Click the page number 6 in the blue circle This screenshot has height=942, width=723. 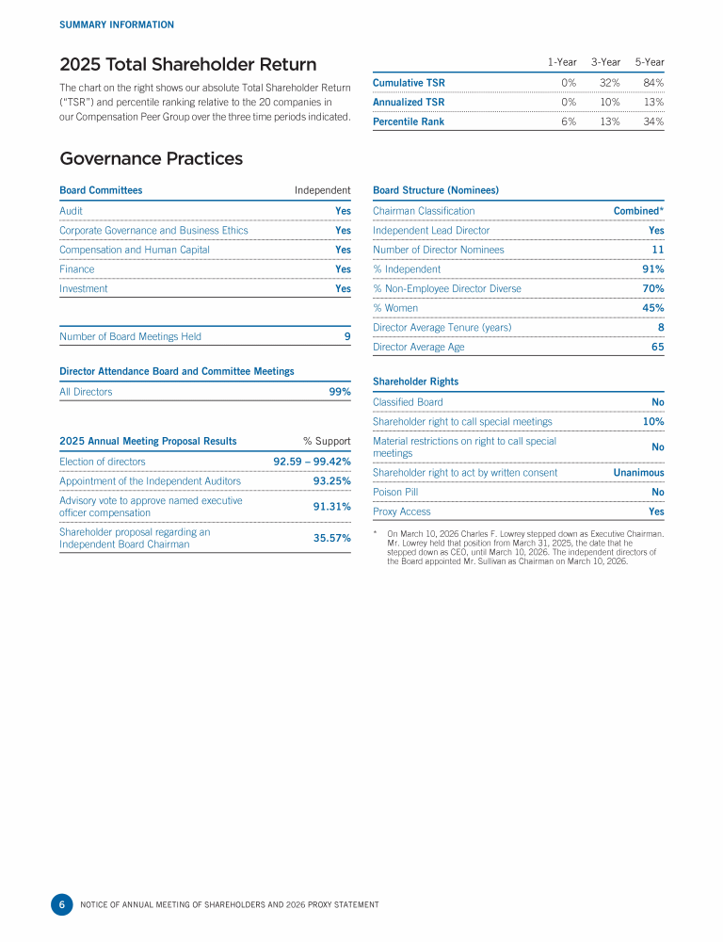(x=61, y=904)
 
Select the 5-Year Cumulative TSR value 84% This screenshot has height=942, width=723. (x=653, y=82)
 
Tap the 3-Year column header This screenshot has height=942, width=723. (x=605, y=62)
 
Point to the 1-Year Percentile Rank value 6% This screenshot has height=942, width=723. (x=568, y=122)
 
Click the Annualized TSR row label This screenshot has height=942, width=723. (x=409, y=102)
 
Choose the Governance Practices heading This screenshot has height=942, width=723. (x=151, y=158)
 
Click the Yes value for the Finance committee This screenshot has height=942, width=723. (x=343, y=269)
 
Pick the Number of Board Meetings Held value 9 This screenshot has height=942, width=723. (x=346, y=336)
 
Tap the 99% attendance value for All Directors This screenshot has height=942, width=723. (x=339, y=392)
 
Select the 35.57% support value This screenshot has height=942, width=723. (x=331, y=538)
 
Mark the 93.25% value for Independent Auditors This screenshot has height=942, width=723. (x=331, y=481)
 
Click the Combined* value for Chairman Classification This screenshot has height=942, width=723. (x=638, y=211)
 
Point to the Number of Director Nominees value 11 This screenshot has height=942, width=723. (x=657, y=250)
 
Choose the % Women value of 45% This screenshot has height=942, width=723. (x=652, y=308)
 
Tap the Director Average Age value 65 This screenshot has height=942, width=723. (x=657, y=347)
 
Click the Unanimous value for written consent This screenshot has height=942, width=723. (x=638, y=473)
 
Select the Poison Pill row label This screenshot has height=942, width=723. (x=395, y=492)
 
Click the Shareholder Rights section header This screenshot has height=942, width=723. (x=415, y=382)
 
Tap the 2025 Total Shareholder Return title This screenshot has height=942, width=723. (x=188, y=65)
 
